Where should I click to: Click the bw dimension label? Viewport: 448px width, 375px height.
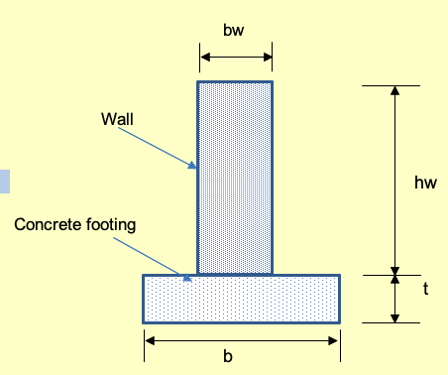pos(235,31)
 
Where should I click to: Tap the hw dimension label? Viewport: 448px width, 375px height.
pos(425,182)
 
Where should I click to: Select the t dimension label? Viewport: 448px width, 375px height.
pos(425,290)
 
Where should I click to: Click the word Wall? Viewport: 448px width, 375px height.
pos(117,120)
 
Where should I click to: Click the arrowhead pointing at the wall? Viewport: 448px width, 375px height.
pos(193,168)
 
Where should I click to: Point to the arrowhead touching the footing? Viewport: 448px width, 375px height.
pos(186,276)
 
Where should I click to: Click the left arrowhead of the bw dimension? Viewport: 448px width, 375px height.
pos(203,58)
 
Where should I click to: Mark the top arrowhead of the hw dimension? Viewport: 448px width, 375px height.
pos(395,92)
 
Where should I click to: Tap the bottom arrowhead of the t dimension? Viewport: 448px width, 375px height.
pos(395,316)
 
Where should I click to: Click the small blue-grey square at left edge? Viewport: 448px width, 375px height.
pos(4,181)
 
